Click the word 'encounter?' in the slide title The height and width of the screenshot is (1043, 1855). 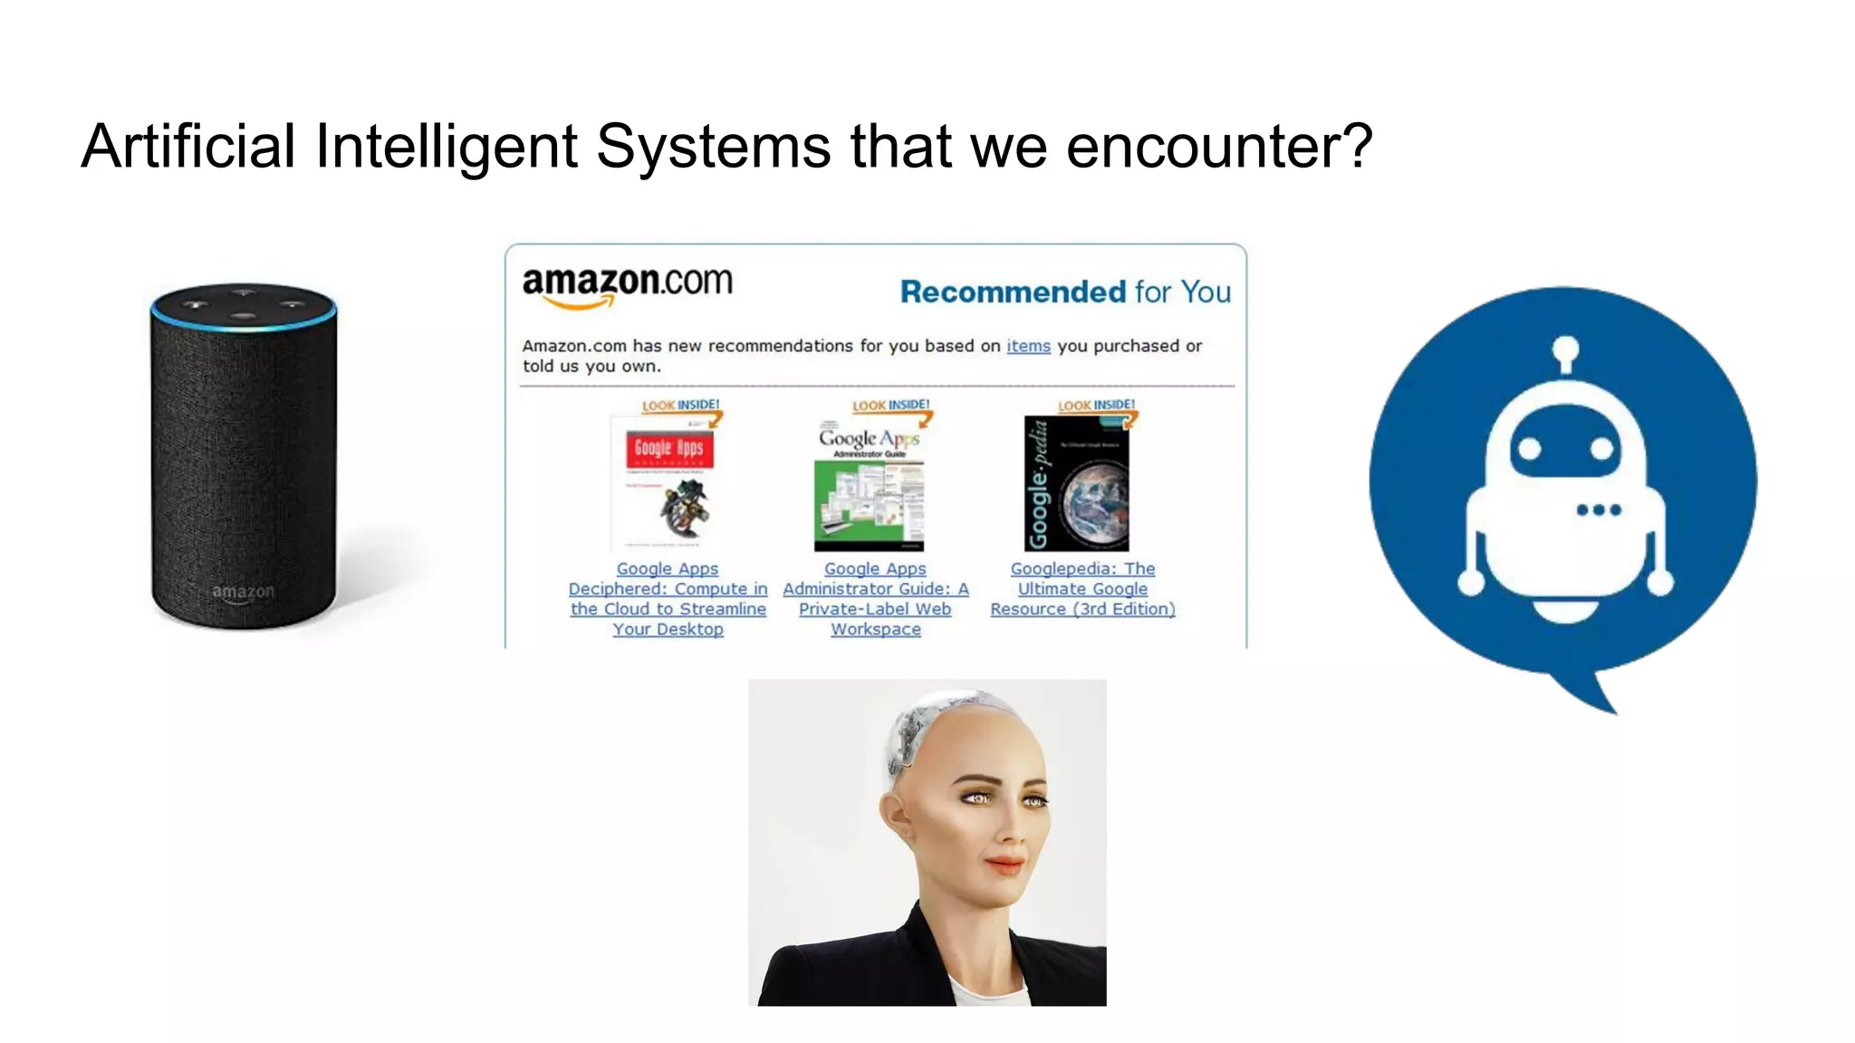click(1219, 148)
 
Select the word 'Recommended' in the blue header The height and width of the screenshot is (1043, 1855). click(1013, 292)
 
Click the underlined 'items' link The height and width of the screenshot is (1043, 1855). click(1028, 346)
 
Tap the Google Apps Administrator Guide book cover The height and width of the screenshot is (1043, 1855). click(870, 485)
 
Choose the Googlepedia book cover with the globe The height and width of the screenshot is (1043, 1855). click(1076, 483)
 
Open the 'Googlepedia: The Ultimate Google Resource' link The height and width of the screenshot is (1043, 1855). click(1082, 588)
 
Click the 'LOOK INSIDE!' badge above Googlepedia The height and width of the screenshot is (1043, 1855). click(1097, 406)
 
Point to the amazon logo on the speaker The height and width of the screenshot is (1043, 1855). click(243, 592)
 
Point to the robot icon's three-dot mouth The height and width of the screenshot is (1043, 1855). click(1599, 510)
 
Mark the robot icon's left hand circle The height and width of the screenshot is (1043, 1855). click(1471, 582)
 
